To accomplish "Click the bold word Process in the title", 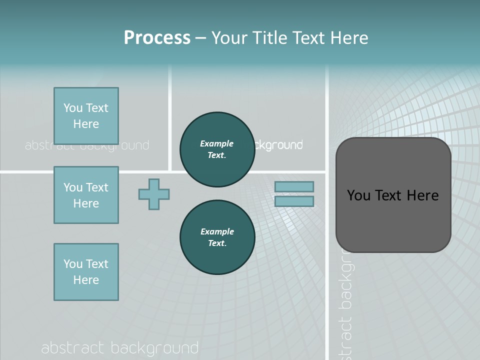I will tap(157, 37).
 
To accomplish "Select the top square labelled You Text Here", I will tap(86, 116).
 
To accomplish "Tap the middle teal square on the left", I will tap(86, 195).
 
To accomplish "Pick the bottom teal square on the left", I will tap(86, 272).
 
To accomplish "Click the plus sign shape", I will tap(154, 194).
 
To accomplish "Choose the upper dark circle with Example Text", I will tap(217, 149).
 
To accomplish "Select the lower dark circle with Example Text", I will tap(217, 237).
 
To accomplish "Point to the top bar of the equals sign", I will tap(294, 186).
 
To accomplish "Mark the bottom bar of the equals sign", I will tap(294, 201).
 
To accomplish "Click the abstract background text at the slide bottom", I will tap(120, 348).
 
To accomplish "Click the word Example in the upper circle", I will tap(217, 143).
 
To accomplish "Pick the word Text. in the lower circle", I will tap(217, 243).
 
